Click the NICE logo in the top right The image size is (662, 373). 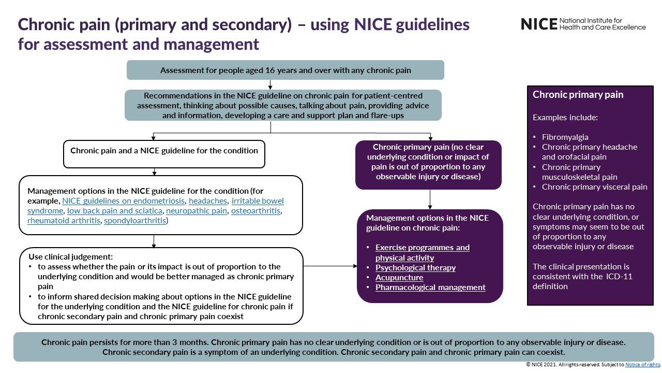click(x=583, y=24)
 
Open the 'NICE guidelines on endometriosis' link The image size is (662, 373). click(x=124, y=200)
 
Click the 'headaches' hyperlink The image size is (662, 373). click(x=208, y=200)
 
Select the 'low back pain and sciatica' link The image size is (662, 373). click(x=115, y=211)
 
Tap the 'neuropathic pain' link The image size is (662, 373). click(x=197, y=211)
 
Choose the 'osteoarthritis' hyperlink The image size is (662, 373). click(x=256, y=211)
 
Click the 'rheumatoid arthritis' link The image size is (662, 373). click(x=64, y=221)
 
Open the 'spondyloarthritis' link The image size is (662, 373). click(x=135, y=221)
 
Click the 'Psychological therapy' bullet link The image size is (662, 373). click(x=415, y=268)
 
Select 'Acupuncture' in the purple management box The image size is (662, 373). click(x=399, y=278)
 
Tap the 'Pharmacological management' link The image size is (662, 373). click(x=430, y=288)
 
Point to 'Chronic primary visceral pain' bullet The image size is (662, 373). click(x=594, y=187)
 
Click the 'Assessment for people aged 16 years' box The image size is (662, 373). click(x=285, y=70)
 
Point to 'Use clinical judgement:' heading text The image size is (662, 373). click(x=71, y=257)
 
